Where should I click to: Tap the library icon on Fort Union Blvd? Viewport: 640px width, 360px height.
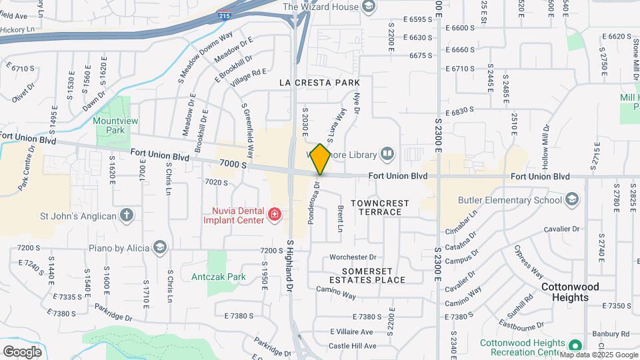(387, 155)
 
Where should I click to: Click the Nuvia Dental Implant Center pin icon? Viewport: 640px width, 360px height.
(274, 214)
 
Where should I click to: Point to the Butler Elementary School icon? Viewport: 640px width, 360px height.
(572, 199)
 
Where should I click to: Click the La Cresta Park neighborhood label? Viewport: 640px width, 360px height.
(319, 83)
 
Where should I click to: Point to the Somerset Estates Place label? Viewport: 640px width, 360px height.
(373, 275)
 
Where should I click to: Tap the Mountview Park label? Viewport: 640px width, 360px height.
(109, 125)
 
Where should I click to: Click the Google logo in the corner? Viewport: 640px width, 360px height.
(22, 351)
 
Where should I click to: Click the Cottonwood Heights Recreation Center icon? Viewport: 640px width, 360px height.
(574, 345)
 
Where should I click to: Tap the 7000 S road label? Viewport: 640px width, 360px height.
(232, 163)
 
